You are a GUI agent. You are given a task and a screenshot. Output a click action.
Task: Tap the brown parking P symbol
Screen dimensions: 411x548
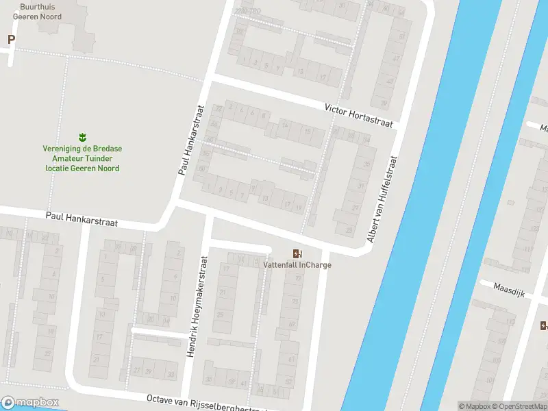click(11, 40)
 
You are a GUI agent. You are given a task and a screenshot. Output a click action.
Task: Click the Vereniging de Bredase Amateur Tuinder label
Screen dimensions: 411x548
click(82, 158)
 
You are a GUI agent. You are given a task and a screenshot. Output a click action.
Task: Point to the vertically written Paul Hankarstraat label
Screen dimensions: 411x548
click(192, 140)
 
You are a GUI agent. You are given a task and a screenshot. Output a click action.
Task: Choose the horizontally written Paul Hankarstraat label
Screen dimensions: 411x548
click(82, 219)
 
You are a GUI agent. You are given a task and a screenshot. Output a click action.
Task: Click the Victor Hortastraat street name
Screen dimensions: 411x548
click(360, 116)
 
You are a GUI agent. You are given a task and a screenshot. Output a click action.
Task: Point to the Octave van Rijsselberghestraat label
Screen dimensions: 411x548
click(206, 404)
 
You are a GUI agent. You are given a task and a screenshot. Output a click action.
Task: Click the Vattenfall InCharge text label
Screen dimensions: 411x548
click(297, 264)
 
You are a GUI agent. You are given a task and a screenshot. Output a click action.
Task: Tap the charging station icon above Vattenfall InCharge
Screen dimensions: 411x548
click(297, 253)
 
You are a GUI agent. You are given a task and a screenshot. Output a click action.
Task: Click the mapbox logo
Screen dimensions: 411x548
click(30, 402)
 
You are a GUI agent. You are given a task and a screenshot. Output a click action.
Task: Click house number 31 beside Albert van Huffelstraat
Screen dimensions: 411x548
click(362, 186)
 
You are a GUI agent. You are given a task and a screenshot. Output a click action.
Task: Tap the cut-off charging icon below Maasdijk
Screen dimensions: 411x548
click(543, 325)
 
